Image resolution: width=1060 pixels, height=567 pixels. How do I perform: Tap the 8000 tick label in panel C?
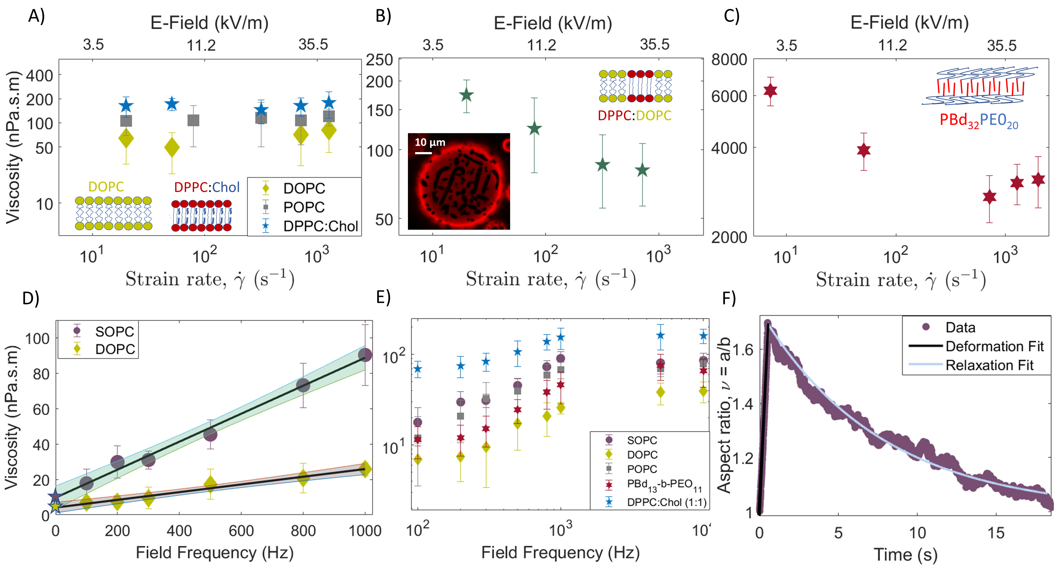[729, 60]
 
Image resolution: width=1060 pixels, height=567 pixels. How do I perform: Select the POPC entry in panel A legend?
[304, 207]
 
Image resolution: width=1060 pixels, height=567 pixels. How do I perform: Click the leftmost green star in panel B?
[466, 95]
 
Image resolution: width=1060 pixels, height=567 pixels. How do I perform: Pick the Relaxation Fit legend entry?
[989, 365]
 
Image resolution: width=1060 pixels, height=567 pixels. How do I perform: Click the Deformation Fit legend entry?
[994, 346]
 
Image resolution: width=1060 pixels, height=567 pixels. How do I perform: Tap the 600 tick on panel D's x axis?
[241, 531]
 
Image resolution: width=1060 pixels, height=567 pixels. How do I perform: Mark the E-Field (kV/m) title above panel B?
[553, 23]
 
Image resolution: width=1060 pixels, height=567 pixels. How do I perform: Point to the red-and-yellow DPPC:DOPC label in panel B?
[634, 116]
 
